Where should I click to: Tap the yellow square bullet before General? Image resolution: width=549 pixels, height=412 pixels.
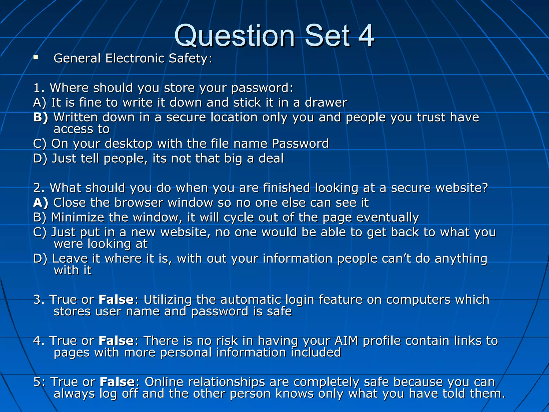click(x=36, y=57)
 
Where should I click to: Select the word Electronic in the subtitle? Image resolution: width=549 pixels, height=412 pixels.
click(x=135, y=58)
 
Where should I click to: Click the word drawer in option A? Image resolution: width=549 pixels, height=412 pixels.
click(x=326, y=103)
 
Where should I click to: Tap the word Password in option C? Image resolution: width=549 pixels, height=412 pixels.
click(x=300, y=144)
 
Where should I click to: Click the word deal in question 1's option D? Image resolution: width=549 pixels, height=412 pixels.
click(x=271, y=159)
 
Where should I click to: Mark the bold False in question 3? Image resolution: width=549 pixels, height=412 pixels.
click(x=116, y=300)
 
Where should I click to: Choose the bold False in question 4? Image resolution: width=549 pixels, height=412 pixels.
click(x=116, y=341)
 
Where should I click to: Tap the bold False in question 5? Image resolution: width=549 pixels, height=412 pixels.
click(x=117, y=382)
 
